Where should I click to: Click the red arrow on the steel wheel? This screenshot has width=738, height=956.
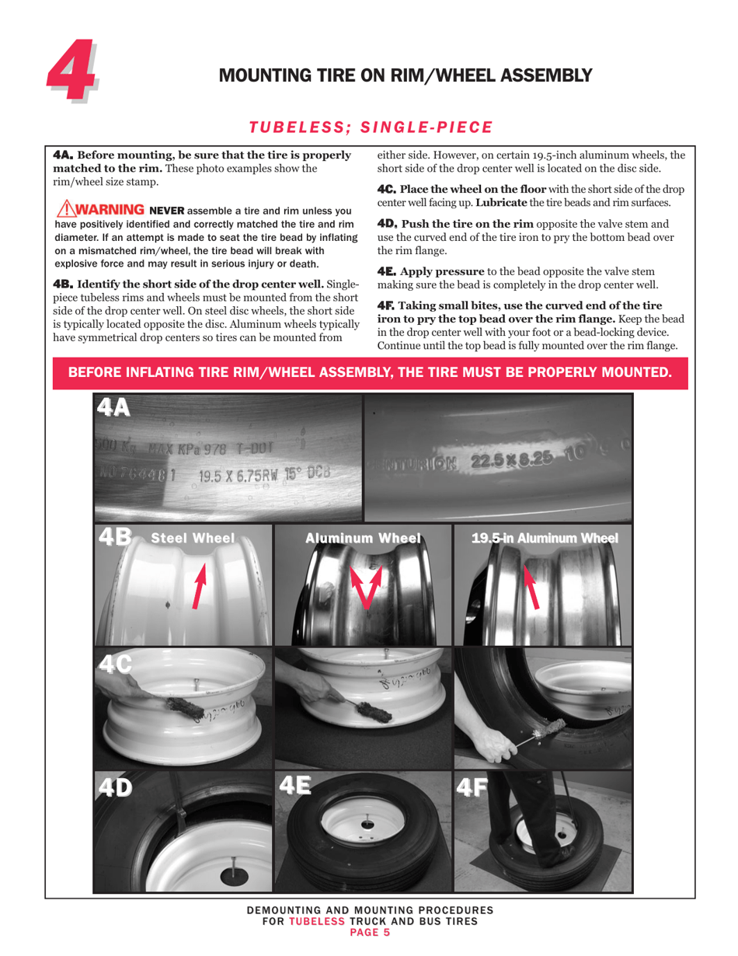coord(200,586)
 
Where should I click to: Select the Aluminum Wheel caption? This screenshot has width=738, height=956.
coord(363,538)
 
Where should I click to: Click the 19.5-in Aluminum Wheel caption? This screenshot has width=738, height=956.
coord(545,538)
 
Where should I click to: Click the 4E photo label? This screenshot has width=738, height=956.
coord(294,786)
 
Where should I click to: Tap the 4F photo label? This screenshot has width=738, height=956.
coord(473,787)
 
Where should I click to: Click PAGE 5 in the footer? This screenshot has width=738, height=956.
coord(370,933)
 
